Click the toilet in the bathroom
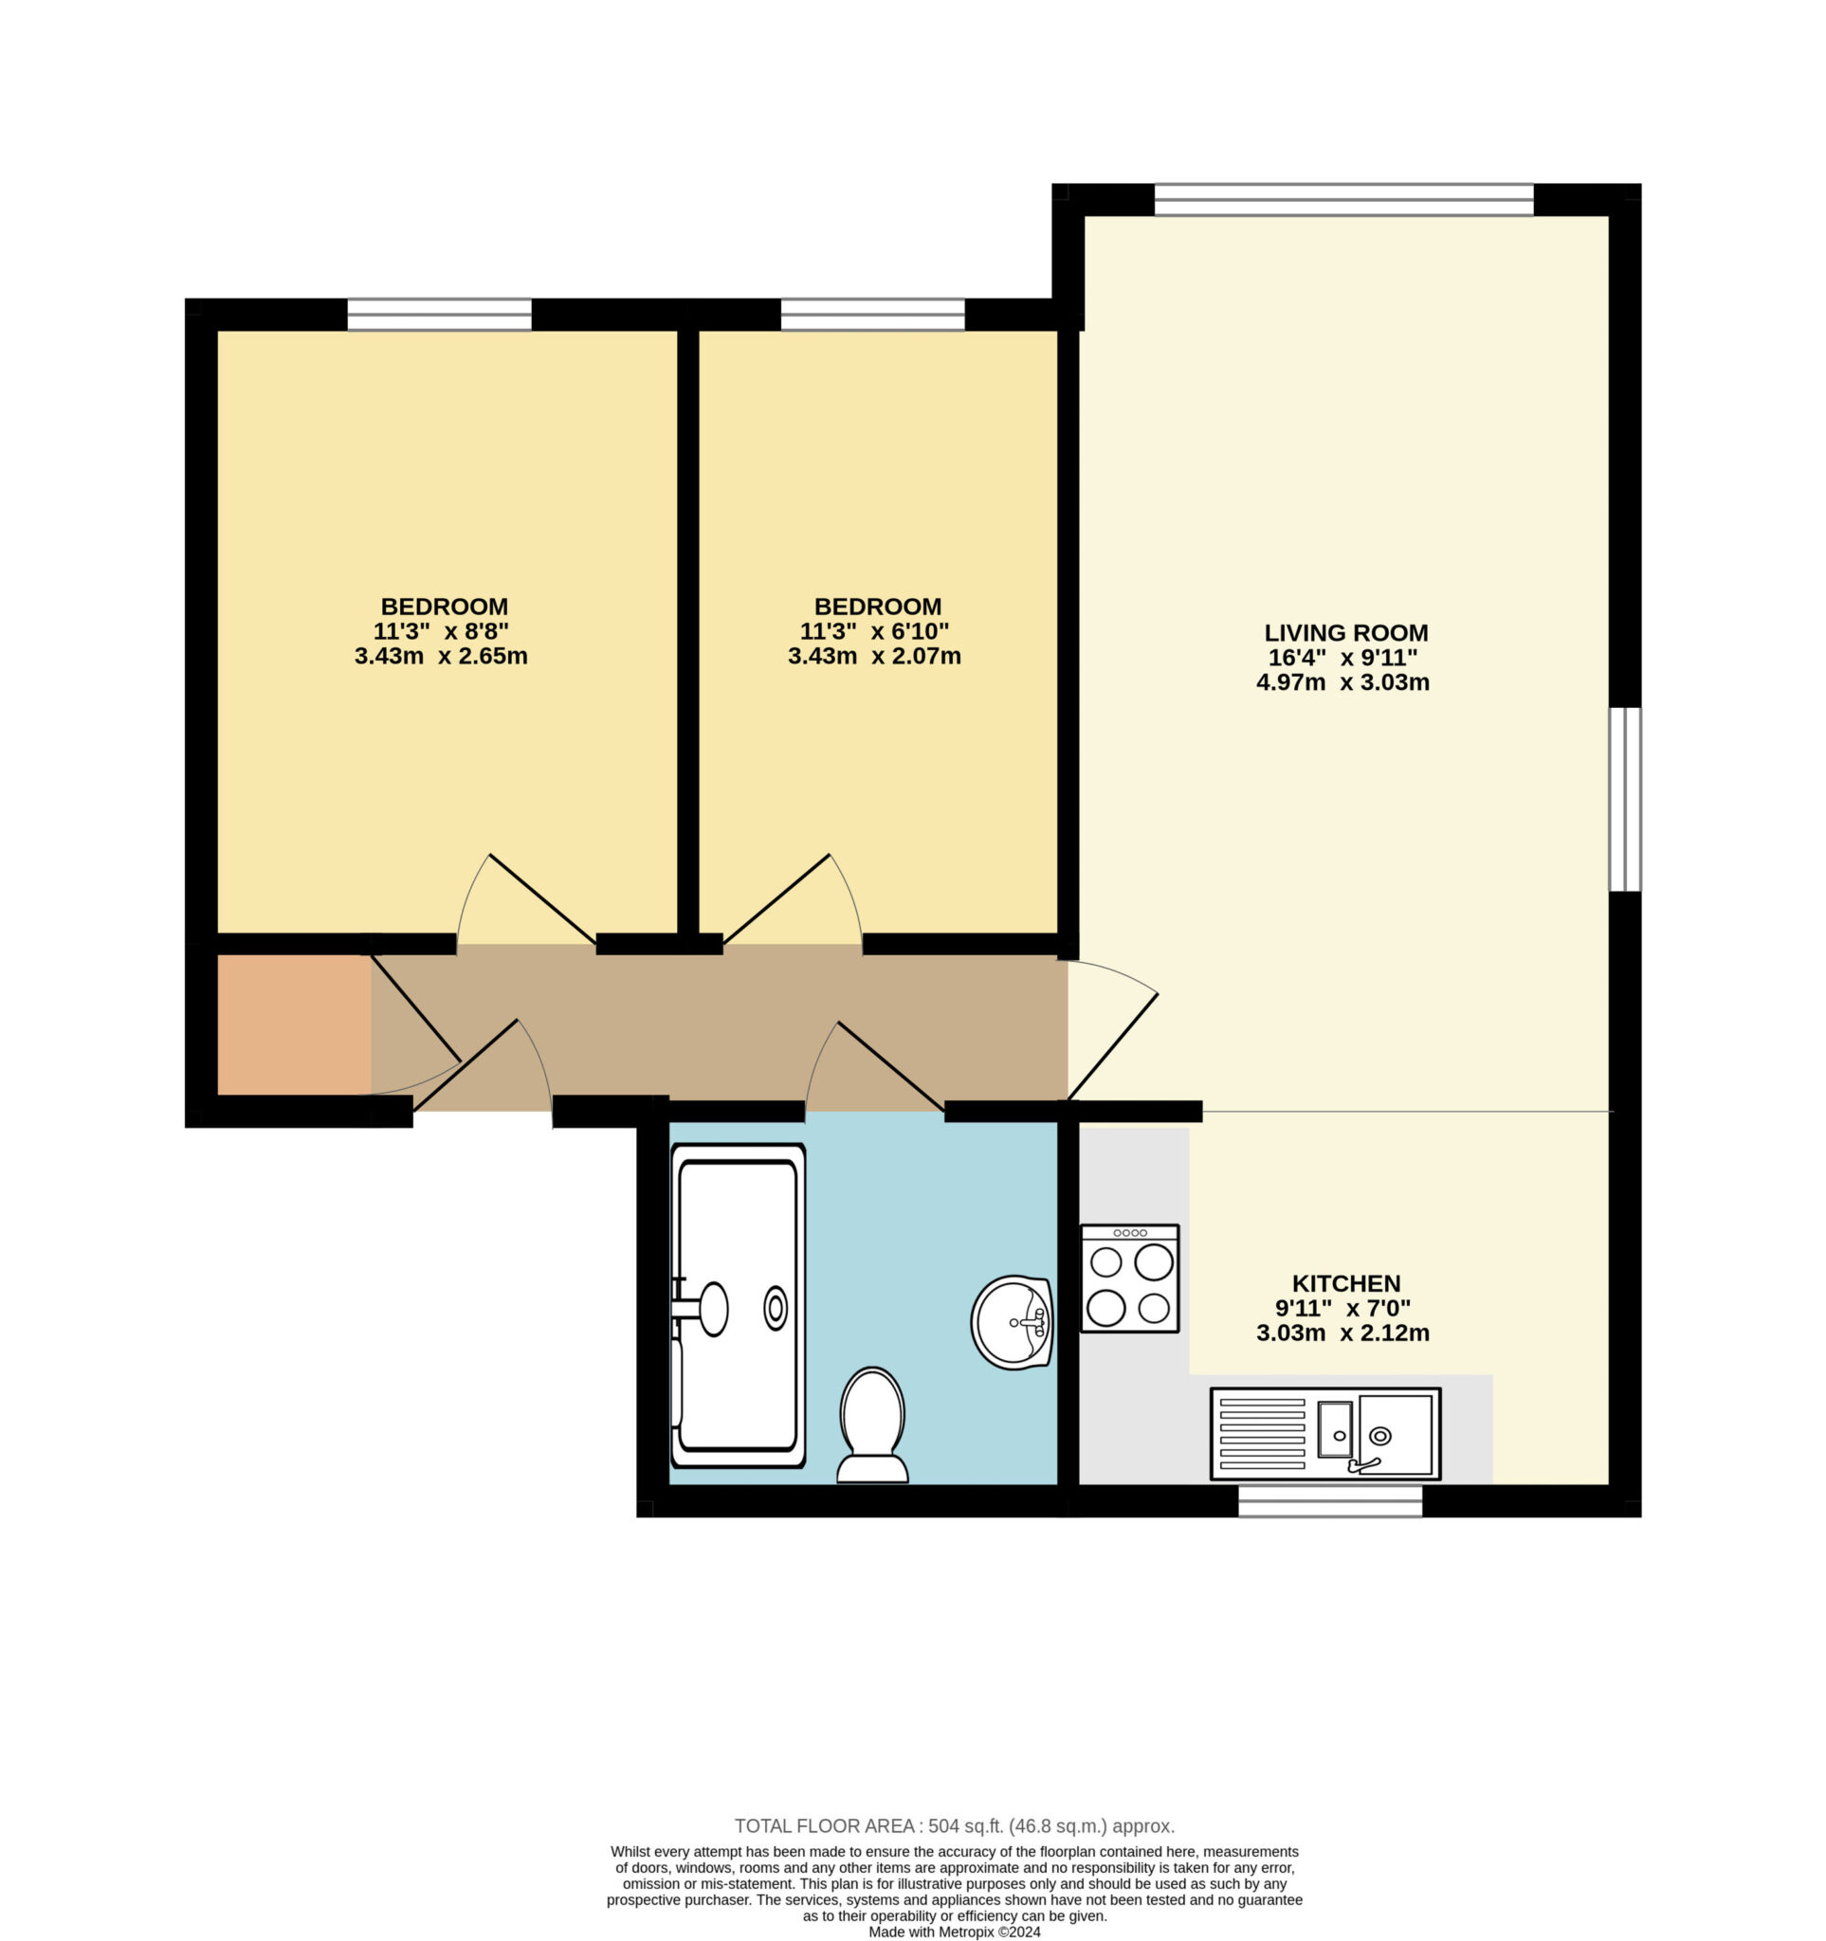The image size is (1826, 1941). [x=872, y=1424]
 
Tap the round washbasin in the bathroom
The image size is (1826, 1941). [x=1012, y=1322]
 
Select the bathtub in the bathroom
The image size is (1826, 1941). [x=739, y=1305]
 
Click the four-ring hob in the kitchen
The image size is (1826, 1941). [x=1130, y=1279]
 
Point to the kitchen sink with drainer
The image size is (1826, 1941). [x=1325, y=1433]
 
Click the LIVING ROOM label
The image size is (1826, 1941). [x=1345, y=633]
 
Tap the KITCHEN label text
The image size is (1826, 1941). [x=1345, y=1283]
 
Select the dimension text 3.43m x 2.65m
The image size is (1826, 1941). [x=441, y=656]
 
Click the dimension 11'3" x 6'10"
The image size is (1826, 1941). [x=874, y=630]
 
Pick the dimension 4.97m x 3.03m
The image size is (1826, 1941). [x=1342, y=682]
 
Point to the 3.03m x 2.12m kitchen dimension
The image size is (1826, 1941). [x=1342, y=1333]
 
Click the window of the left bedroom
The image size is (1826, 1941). [x=439, y=315]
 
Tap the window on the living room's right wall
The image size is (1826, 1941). [x=1625, y=800]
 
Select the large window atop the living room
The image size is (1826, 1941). [x=1343, y=199]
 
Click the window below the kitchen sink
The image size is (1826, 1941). [x=1330, y=1500]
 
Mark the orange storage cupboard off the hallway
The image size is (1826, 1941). [x=294, y=1025]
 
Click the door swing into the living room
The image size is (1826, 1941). [x=1112, y=1029]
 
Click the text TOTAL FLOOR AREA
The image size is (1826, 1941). [x=824, y=1825]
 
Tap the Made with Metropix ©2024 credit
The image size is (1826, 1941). [x=954, y=1932]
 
